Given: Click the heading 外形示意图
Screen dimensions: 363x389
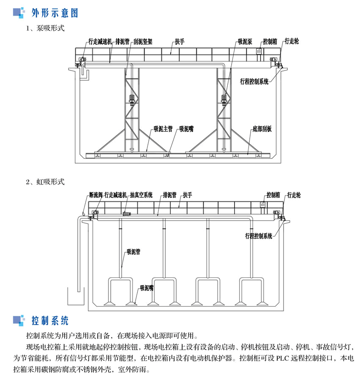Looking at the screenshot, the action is click(x=55, y=13).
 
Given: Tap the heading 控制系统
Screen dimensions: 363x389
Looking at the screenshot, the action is click(x=50, y=321).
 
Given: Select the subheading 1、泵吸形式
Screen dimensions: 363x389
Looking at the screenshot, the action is click(x=45, y=28).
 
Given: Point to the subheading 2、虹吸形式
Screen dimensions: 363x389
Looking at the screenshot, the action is click(x=45, y=182).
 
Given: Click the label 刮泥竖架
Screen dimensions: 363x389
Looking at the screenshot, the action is click(x=143, y=42).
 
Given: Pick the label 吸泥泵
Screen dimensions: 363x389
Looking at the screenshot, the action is click(x=245, y=42).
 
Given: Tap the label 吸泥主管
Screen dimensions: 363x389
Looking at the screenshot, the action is click(x=163, y=129).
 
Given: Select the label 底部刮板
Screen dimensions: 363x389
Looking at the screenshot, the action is click(x=262, y=129).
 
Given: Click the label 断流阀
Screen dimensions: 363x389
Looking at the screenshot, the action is click(x=96, y=195).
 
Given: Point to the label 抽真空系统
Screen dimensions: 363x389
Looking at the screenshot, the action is click(x=141, y=195).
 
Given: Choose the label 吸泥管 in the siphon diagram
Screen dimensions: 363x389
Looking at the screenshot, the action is click(x=134, y=252).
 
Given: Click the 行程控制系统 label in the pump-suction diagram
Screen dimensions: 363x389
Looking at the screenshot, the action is click(x=254, y=82).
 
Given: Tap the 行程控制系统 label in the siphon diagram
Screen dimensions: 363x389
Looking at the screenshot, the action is click(x=259, y=236).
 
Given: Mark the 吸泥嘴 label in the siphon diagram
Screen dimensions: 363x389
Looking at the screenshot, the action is click(x=147, y=288).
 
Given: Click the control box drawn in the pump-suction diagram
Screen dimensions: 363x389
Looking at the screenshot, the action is click(x=259, y=51).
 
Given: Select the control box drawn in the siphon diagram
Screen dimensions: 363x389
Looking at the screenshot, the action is click(x=263, y=205).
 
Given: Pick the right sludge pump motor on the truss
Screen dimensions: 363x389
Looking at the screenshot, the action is click(x=224, y=98).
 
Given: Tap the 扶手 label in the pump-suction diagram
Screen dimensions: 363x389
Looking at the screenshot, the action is click(x=180, y=42).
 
